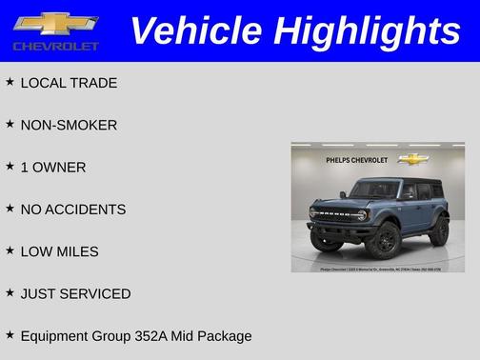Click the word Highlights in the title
click(366, 31)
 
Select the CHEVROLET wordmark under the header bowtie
click(56, 46)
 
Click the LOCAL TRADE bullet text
click(69, 83)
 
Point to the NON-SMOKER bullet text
click(69, 125)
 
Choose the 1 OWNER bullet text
click(53, 168)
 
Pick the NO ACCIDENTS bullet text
click(72, 210)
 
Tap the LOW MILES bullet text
click(59, 251)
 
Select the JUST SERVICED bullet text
click(75, 293)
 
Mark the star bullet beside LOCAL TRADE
click(10, 82)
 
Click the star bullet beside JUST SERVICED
click(10, 292)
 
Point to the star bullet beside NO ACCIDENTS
click(10, 209)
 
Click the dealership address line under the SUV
click(378, 270)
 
